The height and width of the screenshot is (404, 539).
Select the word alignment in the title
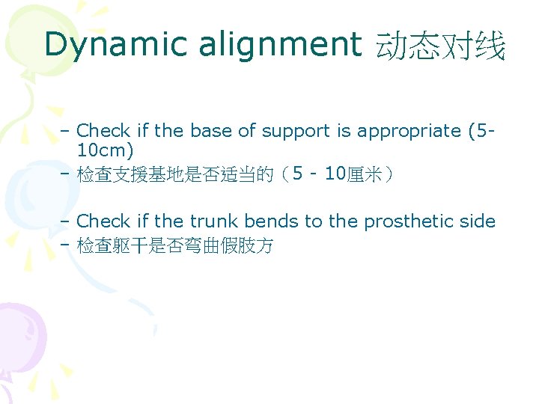tap(279, 45)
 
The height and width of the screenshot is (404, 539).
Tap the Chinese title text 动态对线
tap(441, 46)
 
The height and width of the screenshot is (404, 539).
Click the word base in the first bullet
tap(211, 131)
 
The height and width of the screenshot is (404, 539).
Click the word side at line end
tap(479, 221)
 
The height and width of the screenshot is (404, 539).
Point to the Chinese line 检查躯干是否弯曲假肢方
tap(175, 246)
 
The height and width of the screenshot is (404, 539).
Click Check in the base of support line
tap(103, 131)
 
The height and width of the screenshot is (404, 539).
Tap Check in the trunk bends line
tap(103, 221)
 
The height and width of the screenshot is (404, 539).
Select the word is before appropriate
tap(344, 131)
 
